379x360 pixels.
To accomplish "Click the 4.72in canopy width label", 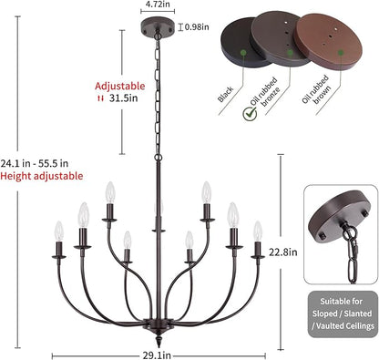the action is coord(158,4).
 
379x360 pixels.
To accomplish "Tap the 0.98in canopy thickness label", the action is coord(197,27).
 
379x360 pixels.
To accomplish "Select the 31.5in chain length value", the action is coord(124,98).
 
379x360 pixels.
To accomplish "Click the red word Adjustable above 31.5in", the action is coord(120,86).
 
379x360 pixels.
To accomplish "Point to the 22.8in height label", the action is coord(283,252).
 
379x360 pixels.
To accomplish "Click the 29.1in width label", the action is coord(157,355).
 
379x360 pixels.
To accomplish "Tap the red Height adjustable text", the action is coord(42,176).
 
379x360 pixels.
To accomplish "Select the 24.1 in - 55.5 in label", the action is coord(35,163).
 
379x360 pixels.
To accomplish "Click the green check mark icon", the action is coord(250,114).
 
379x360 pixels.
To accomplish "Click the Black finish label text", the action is coord(225,95).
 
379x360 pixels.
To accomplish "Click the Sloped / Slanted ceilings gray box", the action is coord(343,314).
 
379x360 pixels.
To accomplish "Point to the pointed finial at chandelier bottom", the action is coord(159,340).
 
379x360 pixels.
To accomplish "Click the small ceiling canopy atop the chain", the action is coord(158,27).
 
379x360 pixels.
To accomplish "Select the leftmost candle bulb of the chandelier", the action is coord(59,231).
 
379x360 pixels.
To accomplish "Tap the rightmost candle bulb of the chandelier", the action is coord(258,231).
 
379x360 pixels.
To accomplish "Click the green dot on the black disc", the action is coord(242,53).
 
